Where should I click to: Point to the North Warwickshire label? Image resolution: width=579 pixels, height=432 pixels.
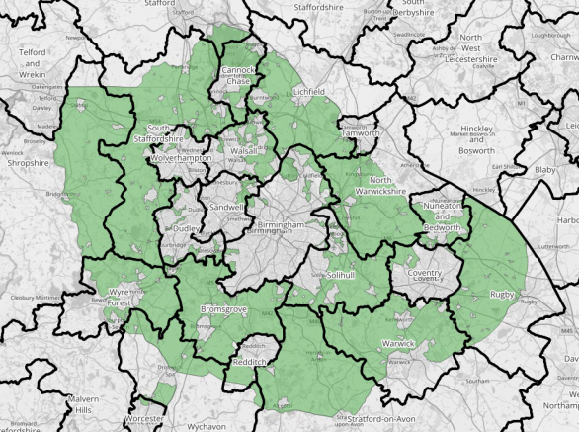coord(374,187)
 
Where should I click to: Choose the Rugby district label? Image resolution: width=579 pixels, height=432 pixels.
coord(504,294)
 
